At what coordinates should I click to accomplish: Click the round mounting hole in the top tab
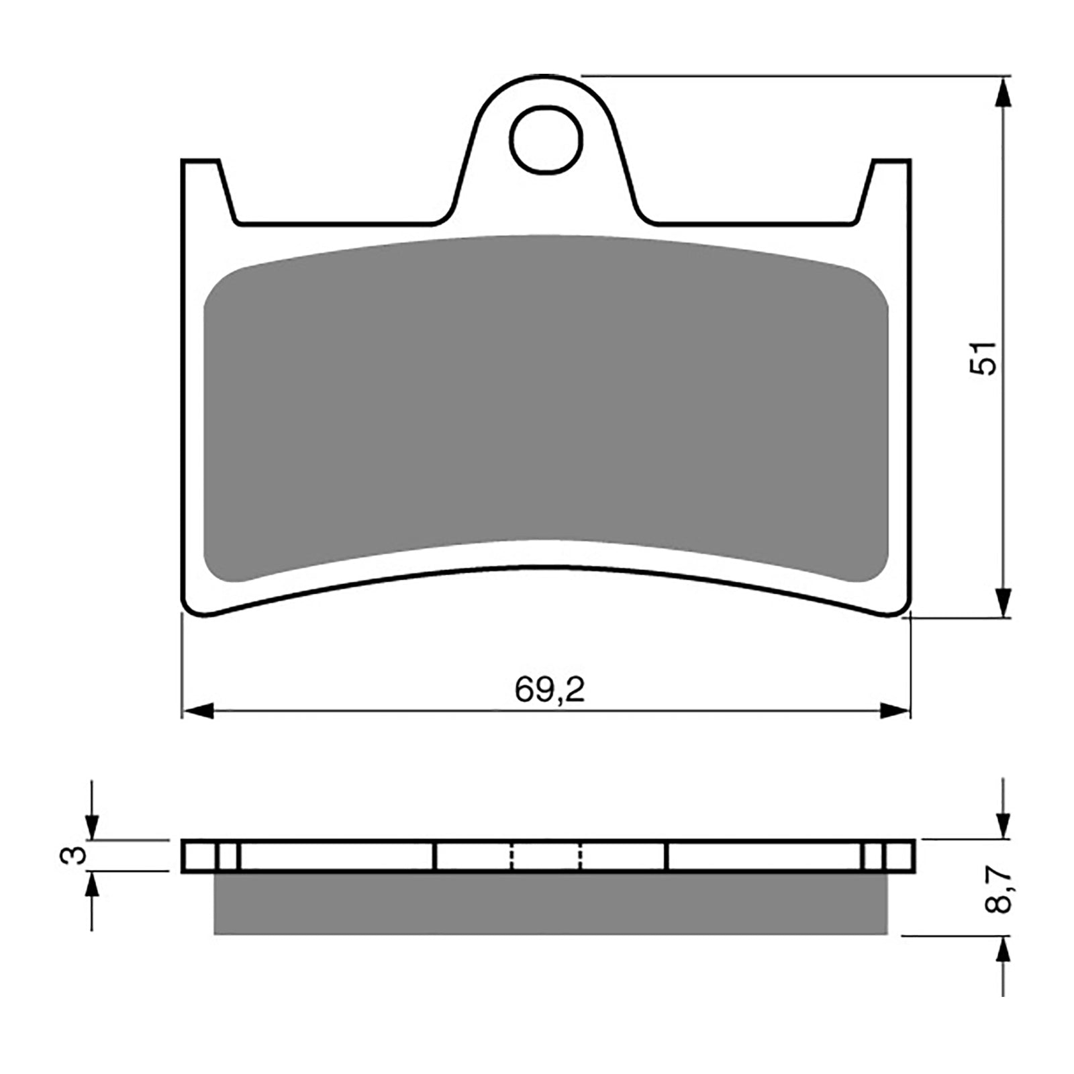(x=545, y=140)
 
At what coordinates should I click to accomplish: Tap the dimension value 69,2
(x=550, y=689)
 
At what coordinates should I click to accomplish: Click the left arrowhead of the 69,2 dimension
(x=197, y=711)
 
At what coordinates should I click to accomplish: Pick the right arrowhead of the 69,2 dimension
(x=895, y=711)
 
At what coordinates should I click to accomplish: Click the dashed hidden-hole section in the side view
(x=546, y=856)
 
